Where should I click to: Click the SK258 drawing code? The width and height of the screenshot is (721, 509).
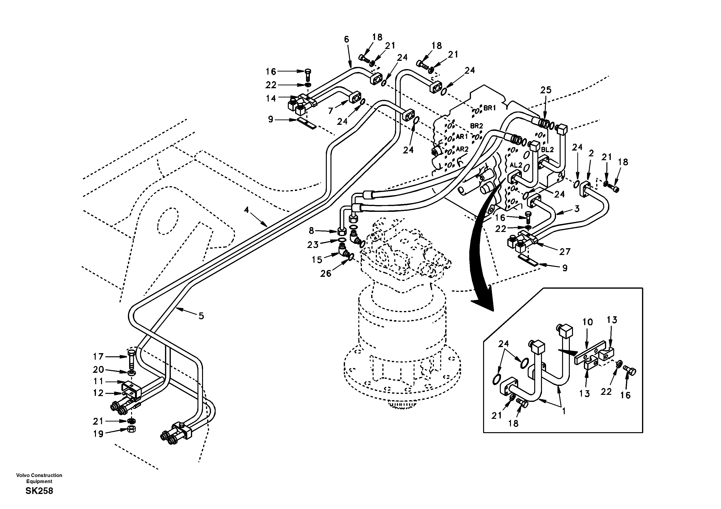(x=39, y=491)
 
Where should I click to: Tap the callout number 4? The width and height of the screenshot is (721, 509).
(x=246, y=210)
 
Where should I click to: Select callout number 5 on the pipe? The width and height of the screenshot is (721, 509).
(x=201, y=316)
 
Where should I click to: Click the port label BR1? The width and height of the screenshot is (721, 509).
(x=489, y=108)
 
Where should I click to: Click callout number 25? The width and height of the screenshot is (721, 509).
(x=546, y=90)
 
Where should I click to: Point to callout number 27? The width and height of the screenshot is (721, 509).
(x=565, y=251)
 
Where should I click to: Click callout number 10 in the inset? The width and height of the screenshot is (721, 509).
(x=588, y=322)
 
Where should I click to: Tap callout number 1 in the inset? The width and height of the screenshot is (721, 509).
(x=564, y=411)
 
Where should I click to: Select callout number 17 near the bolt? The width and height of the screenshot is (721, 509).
(x=98, y=357)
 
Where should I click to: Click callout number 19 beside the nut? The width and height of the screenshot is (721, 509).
(x=98, y=434)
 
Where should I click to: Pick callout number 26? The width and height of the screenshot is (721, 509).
(x=326, y=274)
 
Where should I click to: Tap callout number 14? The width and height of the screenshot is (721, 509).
(x=271, y=98)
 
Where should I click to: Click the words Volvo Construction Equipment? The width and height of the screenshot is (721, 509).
(x=39, y=478)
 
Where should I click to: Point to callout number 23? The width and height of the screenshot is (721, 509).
(x=313, y=245)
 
